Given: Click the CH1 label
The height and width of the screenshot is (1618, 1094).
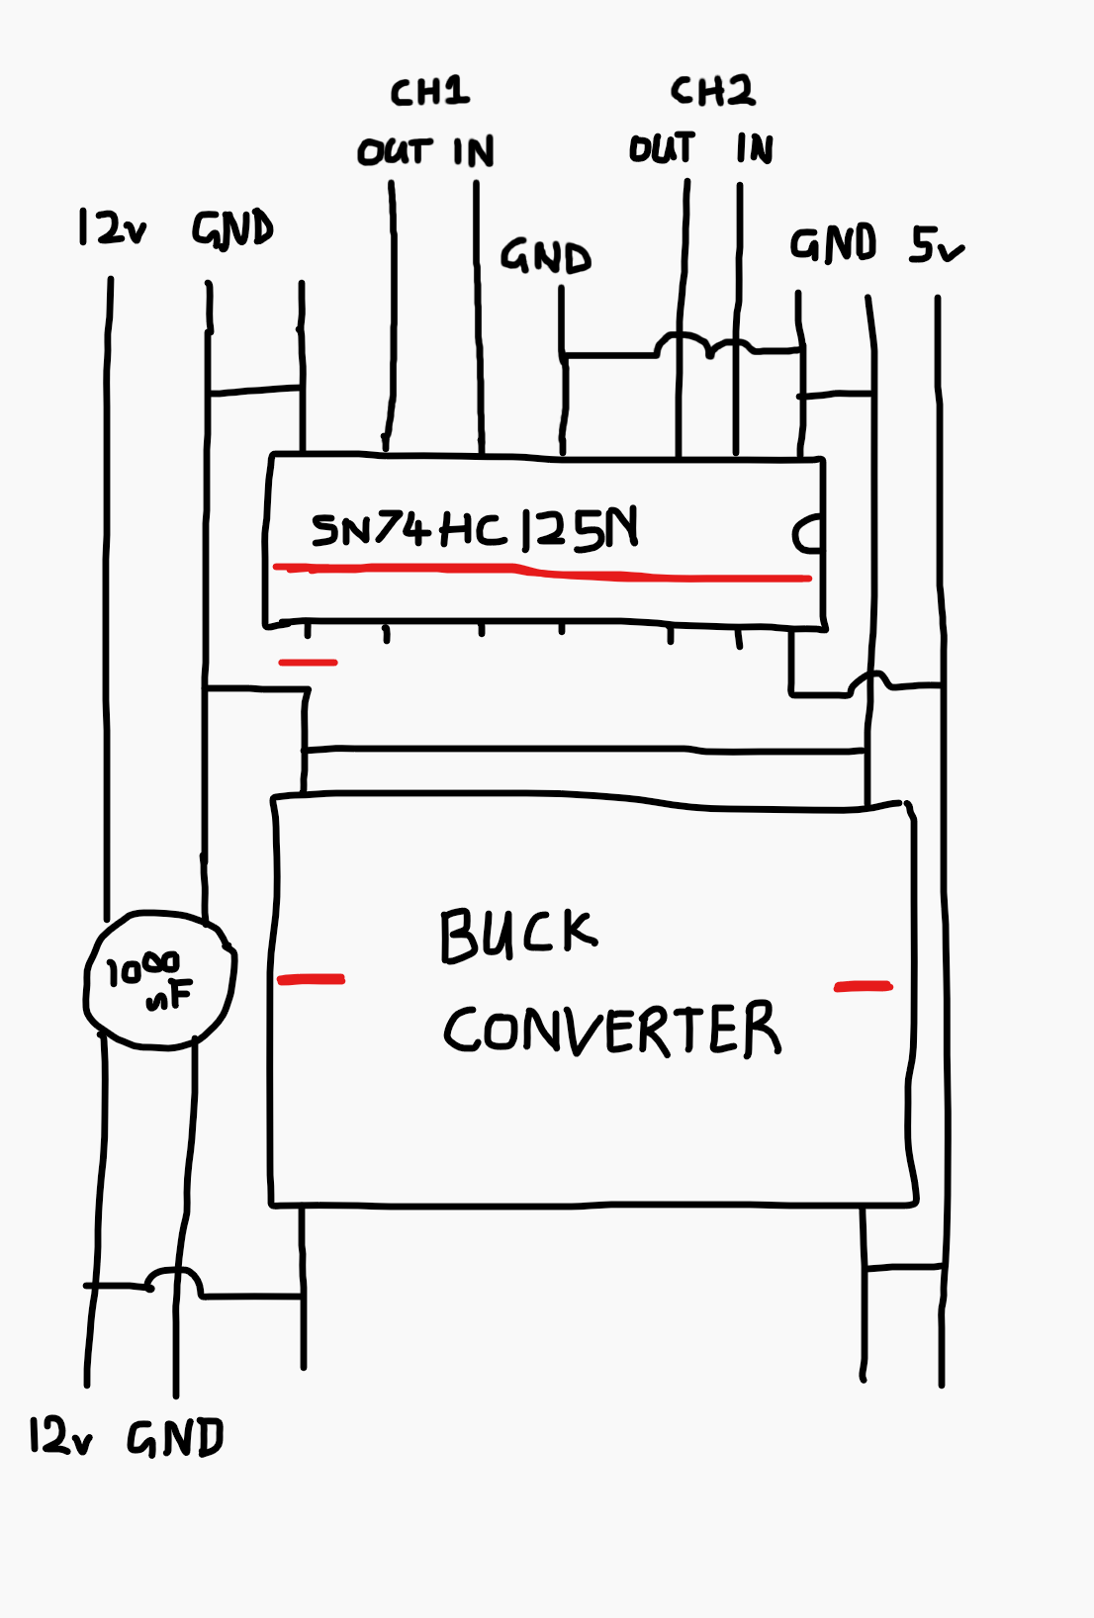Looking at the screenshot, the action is (x=430, y=92).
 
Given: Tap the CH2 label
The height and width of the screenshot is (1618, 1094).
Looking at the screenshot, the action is (x=712, y=91).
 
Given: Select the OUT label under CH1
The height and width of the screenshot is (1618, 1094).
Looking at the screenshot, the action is (x=395, y=151).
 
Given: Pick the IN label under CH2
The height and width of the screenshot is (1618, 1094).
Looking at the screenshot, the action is (x=755, y=148).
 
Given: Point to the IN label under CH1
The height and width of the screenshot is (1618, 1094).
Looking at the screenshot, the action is (x=474, y=151).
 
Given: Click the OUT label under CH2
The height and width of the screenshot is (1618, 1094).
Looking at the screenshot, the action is (x=662, y=147).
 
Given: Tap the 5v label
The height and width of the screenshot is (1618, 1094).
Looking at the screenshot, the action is (x=937, y=245).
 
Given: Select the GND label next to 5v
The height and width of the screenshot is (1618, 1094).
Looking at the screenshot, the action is (x=833, y=244).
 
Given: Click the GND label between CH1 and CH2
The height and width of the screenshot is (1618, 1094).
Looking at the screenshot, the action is (x=546, y=257).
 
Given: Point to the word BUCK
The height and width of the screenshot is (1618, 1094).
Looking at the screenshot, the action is (x=519, y=936).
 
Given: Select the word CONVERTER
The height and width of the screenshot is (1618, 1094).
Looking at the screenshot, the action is (x=612, y=1029).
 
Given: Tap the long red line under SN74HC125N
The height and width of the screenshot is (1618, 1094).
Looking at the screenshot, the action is (x=542, y=573).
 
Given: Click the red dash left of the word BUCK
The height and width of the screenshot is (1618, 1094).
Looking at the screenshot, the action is (x=312, y=979).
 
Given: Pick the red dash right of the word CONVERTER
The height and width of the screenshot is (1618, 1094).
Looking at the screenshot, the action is (x=864, y=986).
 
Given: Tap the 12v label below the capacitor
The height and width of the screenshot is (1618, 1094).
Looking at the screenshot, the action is (x=60, y=1434).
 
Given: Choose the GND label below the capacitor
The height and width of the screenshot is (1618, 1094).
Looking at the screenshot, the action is (x=176, y=1437).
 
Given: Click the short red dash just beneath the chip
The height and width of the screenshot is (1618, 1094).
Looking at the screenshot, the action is (x=308, y=662).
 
